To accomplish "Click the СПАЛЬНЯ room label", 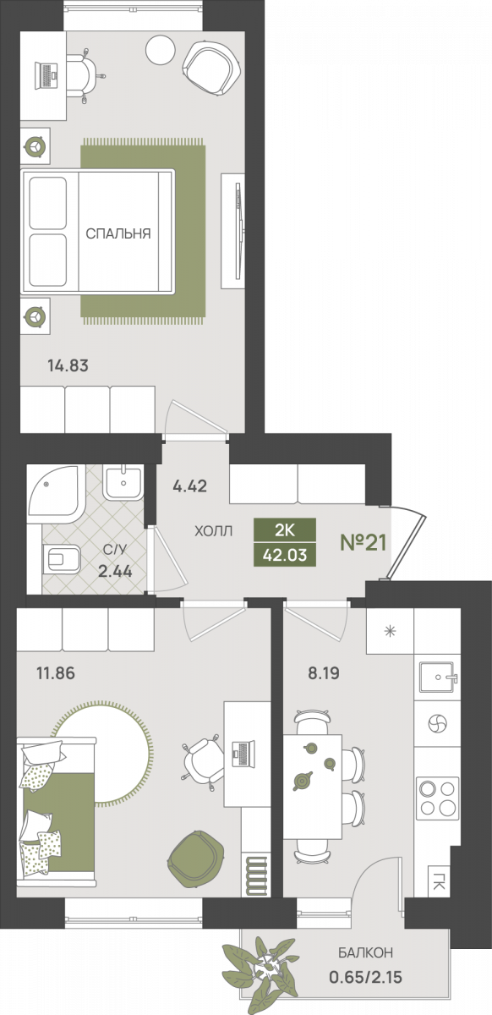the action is point(118,233).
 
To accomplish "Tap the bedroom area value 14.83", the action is point(68,365).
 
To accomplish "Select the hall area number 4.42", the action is point(190,486).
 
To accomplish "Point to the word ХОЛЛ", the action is point(213,531).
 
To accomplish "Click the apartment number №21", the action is point(364,542).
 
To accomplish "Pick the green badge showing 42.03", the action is point(285,555).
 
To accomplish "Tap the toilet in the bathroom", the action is point(62,560).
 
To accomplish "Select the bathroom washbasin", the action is point(123,482).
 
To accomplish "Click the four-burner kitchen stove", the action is point(438,798).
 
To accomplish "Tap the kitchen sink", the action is point(438,678).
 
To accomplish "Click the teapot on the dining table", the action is point(302,780).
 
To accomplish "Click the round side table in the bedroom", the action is point(161,52).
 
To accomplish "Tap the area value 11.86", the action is point(56,673).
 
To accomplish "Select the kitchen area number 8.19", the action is point(324,673).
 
